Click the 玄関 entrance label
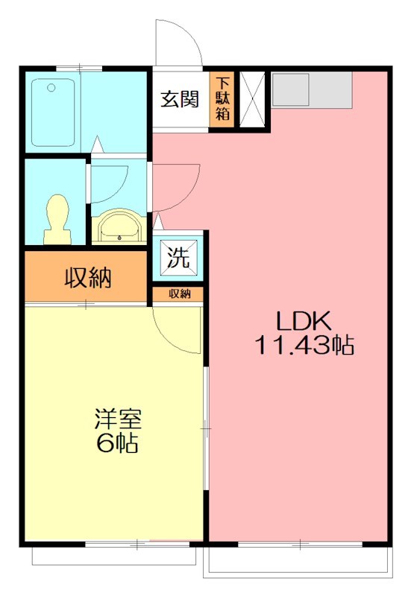[180, 99]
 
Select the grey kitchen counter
[311, 89]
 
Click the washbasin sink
[119, 225]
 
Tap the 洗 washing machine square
[178, 258]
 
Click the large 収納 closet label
[87, 278]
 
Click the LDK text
[303, 322]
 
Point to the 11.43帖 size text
[304, 346]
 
